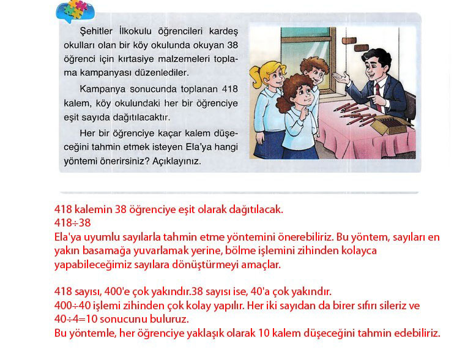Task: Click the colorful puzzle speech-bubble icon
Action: (75, 11)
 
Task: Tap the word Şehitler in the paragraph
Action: (96, 31)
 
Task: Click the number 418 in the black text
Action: (230, 89)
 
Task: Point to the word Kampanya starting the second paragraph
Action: (102, 89)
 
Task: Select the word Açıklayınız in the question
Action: (176, 161)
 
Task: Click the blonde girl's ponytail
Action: (256, 76)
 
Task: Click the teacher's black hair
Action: (377, 57)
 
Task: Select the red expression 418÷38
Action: (73, 223)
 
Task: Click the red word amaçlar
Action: (261, 265)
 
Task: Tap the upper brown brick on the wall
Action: (349, 40)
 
